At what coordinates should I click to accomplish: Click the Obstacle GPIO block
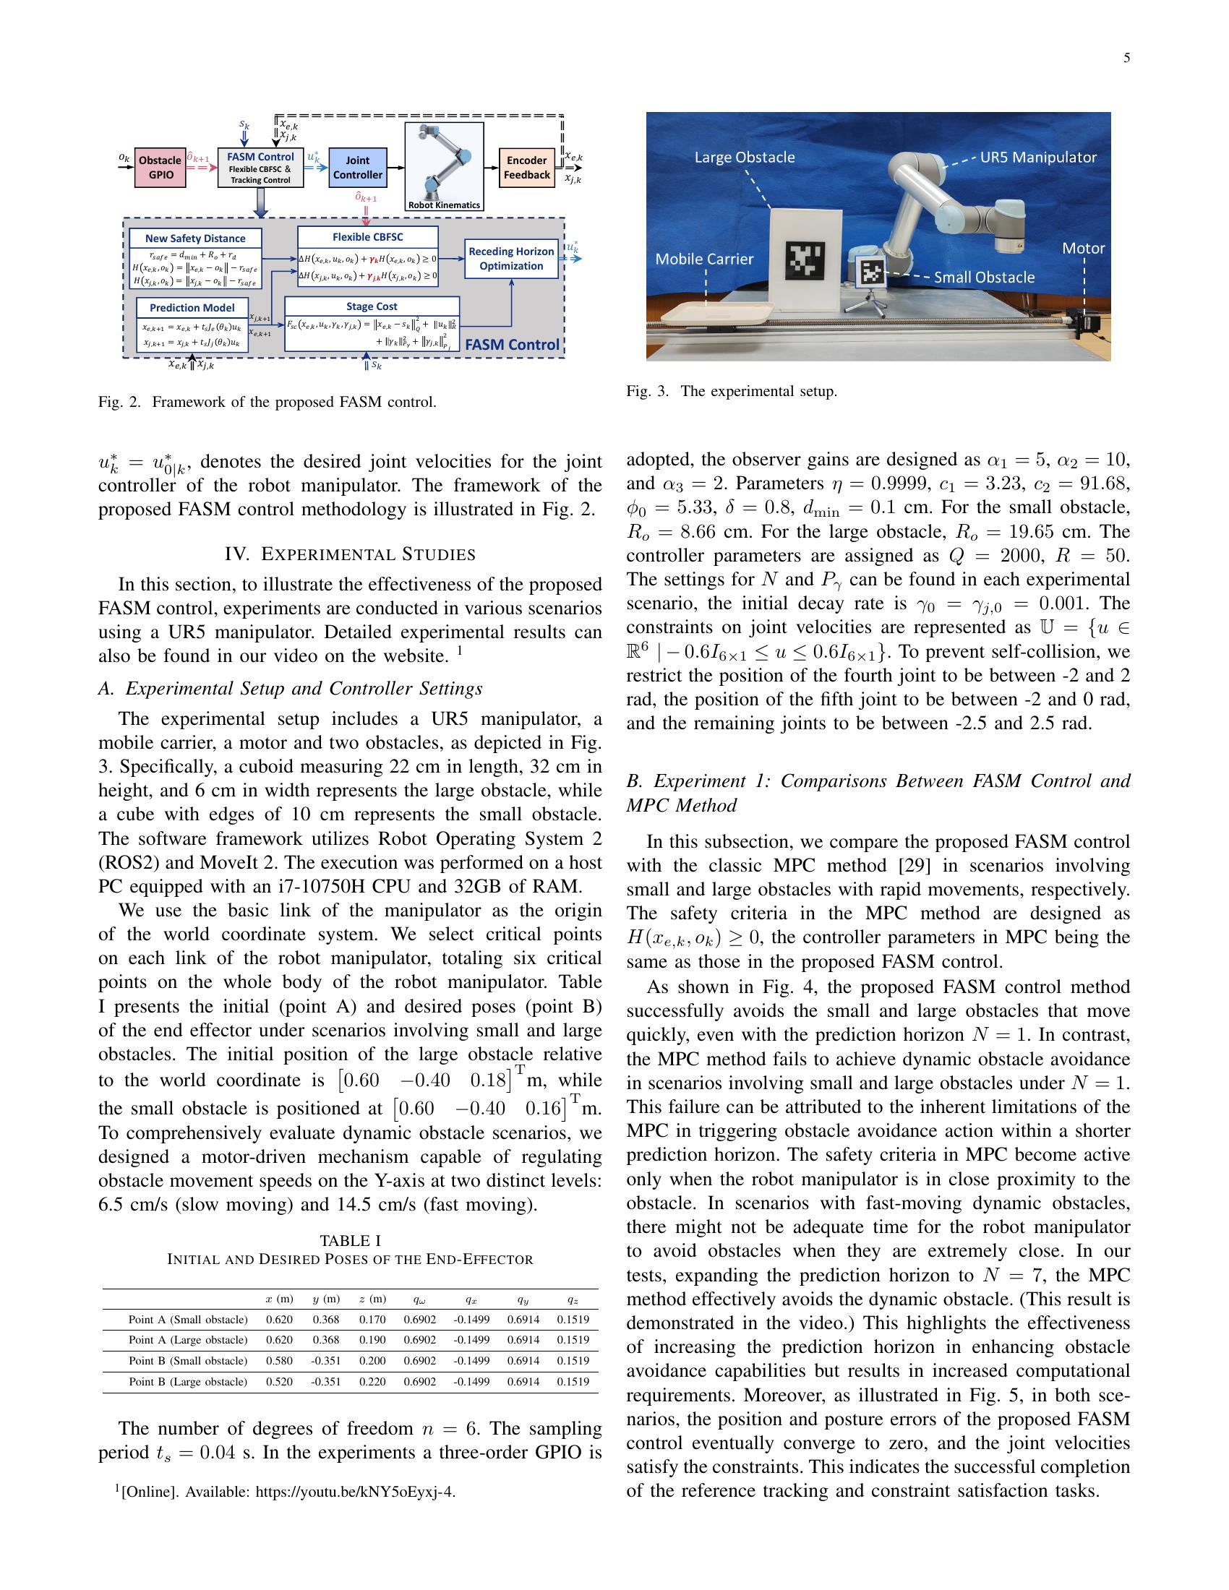pyautogui.click(x=161, y=168)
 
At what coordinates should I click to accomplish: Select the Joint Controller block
pyautogui.click(x=357, y=168)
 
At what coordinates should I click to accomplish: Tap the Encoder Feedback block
pyautogui.click(x=527, y=168)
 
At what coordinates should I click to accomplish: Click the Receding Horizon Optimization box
pyautogui.click(x=511, y=259)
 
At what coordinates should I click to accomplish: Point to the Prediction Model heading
pyautogui.click(x=192, y=307)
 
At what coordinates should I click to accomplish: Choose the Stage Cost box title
pyautogui.click(x=372, y=306)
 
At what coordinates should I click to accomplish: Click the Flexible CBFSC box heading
pyautogui.click(x=368, y=236)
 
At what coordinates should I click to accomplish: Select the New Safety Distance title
pyautogui.click(x=195, y=238)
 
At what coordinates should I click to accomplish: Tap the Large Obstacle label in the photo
pyautogui.click(x=744, y=158)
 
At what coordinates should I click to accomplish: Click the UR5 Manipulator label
pyautogui.click(x=1037, y=158)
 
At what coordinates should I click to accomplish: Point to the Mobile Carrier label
pyautogui.click(x=704, y=259)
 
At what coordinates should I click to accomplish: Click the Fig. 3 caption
pyautogui.click(x=731, y=391)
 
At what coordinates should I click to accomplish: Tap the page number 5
pyautogui.click(x=1126, y=59)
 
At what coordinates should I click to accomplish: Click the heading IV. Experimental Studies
pyautogui.click(x=350, y=554)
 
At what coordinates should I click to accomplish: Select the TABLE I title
pyautogui.click(x=350, y=1240)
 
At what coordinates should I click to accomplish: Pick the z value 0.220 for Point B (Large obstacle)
pyautogui.click(x=372, y=1382)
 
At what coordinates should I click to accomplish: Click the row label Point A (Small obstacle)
pyautogui.click(x=188, y=1319)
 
